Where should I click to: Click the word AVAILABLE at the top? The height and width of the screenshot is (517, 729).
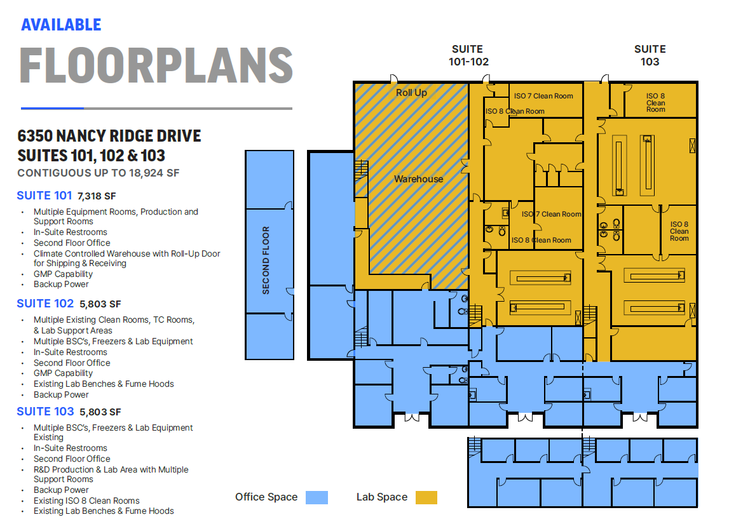pos(61,25)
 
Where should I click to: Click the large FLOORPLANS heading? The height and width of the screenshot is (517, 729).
pos(156,65)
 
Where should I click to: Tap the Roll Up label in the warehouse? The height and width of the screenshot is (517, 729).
pos(411,93)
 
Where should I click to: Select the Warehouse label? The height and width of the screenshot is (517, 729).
pos(418,179)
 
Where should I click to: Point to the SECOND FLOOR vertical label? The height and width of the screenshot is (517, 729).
pos(266,260)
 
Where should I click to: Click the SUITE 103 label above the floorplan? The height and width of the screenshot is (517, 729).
pos(650,55)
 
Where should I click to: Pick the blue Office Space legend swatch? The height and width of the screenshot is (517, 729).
pos(316,497)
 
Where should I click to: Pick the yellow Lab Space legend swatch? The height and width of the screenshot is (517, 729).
pos(426,497)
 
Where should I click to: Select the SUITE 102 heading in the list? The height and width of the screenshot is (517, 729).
pos(45,304)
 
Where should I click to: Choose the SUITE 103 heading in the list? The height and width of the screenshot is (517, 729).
pos(45,412)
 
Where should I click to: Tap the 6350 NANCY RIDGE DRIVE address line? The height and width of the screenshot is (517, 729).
pos(109,136)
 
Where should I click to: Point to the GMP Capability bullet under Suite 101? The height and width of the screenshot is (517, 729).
pos(64,274)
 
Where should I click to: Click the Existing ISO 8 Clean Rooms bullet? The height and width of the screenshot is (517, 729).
pos(86,500)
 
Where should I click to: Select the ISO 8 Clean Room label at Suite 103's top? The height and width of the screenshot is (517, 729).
pos(655,103)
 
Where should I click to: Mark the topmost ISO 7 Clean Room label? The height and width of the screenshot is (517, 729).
pos(543,96)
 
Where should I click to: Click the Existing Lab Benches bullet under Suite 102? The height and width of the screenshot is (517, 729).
pos(104,384)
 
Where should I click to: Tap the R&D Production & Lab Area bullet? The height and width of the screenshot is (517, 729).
pos(111,469)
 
